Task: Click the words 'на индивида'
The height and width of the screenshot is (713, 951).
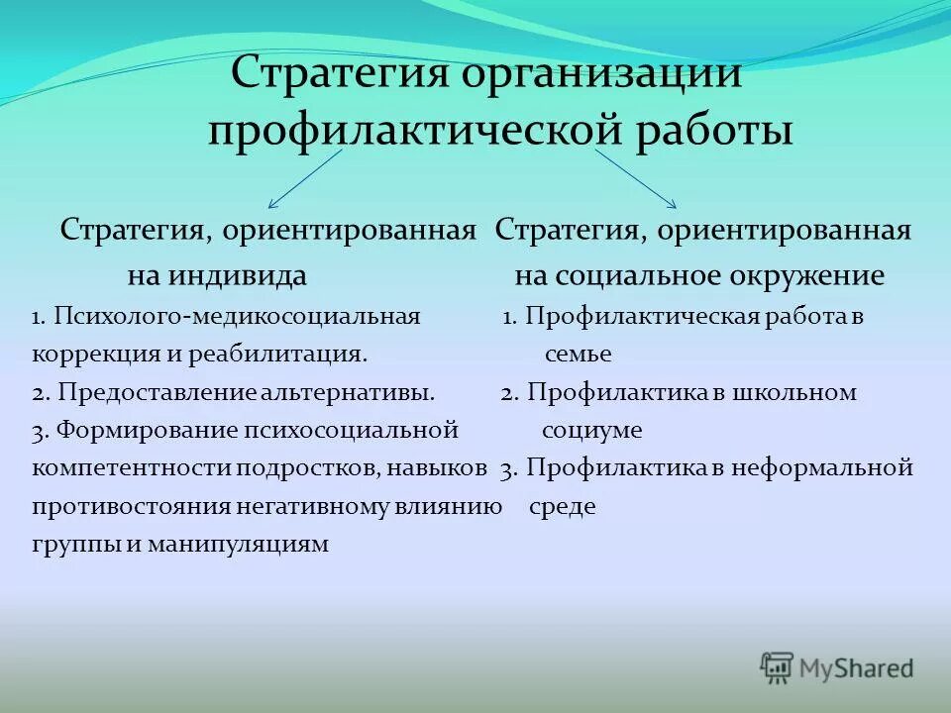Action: [216, 274]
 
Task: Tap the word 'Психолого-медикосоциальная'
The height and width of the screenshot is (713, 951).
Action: [238, 317]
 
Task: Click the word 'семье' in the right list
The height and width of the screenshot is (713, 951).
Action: [578, 355]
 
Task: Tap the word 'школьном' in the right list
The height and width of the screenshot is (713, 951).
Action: [794, 393]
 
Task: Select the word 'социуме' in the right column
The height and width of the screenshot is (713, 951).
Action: [591, 431]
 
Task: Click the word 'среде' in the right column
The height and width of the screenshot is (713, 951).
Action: [563, 507]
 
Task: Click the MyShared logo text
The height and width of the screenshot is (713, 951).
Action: [856, 668]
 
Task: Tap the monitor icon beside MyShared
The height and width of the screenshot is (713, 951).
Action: [778, 667]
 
